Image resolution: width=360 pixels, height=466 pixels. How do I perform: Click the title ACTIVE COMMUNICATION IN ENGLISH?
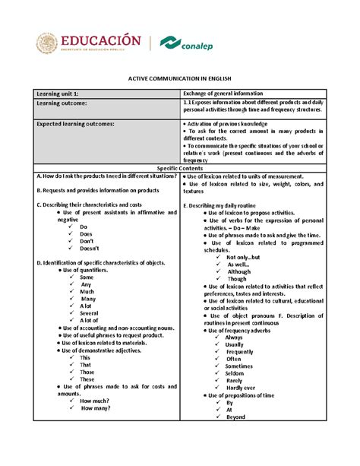(x=179, y=79)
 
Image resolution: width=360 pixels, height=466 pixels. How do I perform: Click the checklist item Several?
(x=89, y=312)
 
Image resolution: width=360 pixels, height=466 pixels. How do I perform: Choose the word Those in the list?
(x=87, y=372)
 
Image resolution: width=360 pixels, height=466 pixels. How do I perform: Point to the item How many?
(x=95, y=407)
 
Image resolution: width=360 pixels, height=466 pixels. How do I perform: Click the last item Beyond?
(x=235, y=417)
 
